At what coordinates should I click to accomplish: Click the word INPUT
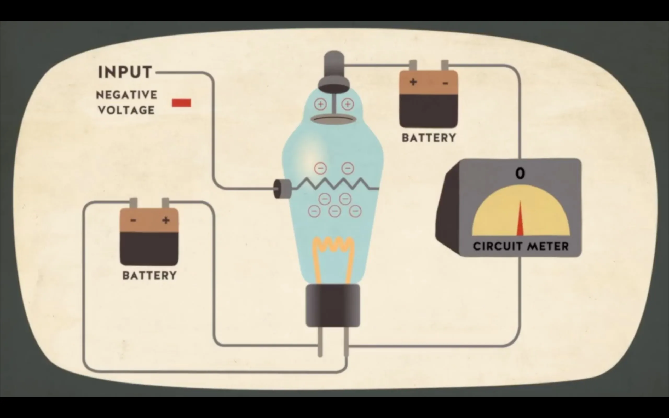coord(125,72)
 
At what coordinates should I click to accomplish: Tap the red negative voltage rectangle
coord(181,103)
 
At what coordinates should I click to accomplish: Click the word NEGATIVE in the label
coord(126,95)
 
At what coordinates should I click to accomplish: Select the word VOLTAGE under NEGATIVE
coord(126,110)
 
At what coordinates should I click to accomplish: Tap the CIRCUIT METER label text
coord(521,246)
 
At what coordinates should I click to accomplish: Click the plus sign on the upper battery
coord(413,82)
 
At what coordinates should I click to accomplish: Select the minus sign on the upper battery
coord(445,83)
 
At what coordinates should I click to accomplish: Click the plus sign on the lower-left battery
coord(166,220)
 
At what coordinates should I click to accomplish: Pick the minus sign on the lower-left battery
coord(133,220)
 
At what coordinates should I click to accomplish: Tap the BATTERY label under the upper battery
coord(429,138)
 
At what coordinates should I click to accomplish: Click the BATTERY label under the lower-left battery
coord(149,275)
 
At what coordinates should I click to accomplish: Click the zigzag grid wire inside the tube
coord(334,184)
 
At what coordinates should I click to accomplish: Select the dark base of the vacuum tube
coord(333,305)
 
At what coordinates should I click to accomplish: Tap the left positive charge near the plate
coord(321,104)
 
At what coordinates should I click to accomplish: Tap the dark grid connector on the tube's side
coord(282,189)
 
